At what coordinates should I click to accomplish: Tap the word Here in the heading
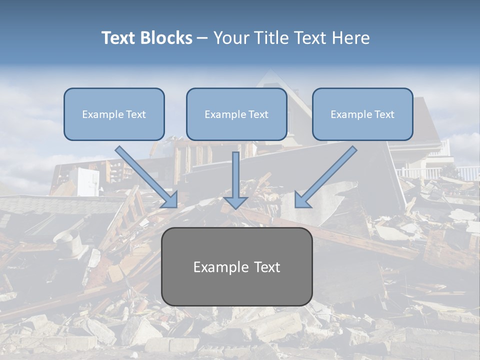[x=351, y=38]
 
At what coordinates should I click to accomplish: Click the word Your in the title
[x=230, y=38]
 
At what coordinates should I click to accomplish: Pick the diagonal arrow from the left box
[x=145, y=175]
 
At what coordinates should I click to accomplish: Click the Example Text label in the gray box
[x=236, y=267]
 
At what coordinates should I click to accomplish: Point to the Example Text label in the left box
[x=114, y=114]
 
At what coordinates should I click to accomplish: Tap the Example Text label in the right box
[x=362, y=114]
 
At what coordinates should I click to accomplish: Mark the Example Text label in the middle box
[x=236, y=114]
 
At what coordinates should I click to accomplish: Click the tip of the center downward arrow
[x=235, y=207]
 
